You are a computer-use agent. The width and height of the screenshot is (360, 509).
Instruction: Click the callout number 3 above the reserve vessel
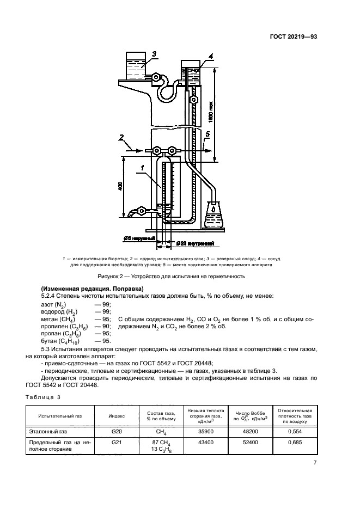click(155, 54)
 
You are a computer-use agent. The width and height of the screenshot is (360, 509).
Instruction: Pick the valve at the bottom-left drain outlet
click(142, 210)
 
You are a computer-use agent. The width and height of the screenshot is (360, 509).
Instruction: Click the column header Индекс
click(117, 415)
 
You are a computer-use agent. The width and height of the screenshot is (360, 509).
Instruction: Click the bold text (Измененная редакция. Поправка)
click(91, 288)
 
